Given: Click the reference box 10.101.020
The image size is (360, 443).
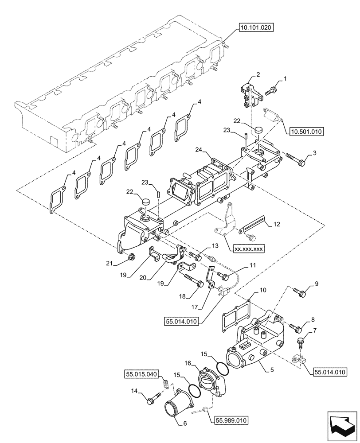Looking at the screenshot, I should click(257, 27).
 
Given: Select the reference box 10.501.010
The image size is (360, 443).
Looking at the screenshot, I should click(306, 132).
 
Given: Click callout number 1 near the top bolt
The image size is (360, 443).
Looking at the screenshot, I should click(286, 79).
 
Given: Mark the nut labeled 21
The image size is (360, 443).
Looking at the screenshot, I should click(132, 256).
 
